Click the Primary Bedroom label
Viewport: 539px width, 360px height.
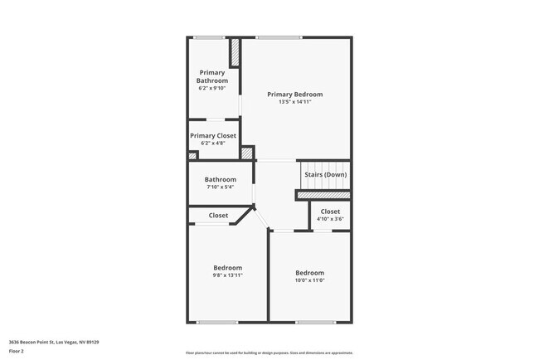(294, 95)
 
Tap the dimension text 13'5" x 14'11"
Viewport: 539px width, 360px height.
(294, 102)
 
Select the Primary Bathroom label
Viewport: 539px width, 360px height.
(212, 77)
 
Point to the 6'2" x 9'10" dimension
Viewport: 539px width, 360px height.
(212, 88)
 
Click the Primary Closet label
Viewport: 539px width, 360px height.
(213, 135)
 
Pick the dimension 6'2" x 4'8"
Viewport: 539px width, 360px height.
(213, 144)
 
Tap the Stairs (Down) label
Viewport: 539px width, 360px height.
(325, 174)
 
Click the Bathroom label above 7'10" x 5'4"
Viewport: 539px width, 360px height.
(221, 179)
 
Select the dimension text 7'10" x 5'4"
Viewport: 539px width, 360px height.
(221, 187)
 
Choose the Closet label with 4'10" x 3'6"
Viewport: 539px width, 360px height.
(330, 212)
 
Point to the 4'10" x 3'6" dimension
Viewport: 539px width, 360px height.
(330, 219)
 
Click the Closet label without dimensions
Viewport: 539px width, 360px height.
(218, 216)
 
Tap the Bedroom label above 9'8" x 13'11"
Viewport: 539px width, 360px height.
(228, 267)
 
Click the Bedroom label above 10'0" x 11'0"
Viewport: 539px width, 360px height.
(310, 273)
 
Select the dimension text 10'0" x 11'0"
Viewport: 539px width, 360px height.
(310, 280)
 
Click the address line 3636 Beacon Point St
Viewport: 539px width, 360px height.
(49, 341)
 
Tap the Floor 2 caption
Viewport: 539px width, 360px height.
(17, 352)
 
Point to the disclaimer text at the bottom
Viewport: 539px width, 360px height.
(269, 353)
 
